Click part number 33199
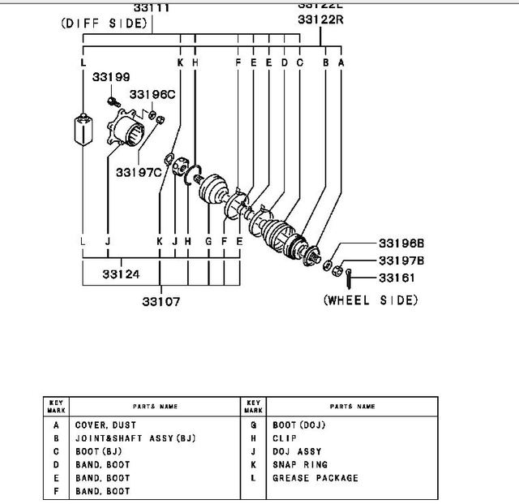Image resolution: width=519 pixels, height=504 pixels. coord(110,78)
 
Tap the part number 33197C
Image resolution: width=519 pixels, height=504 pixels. coord(137,171)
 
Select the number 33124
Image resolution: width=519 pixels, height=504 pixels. coord(121,274)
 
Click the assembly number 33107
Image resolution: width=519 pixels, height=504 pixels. coord(161,301)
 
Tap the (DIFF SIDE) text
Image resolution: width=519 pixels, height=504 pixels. coord(105,24)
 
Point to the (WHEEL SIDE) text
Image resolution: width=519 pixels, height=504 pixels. coord(371,300)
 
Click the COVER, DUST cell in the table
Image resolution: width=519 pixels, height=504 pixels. coord(105,424)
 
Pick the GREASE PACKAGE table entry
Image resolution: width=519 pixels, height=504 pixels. coord(315,478)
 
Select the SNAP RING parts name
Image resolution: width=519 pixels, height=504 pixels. coord(300,465)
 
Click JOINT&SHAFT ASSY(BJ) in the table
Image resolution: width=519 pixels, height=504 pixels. coord(135,438)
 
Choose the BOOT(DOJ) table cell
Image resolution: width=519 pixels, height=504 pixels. coord(298,424)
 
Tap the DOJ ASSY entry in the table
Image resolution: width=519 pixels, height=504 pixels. coord(297,451)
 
